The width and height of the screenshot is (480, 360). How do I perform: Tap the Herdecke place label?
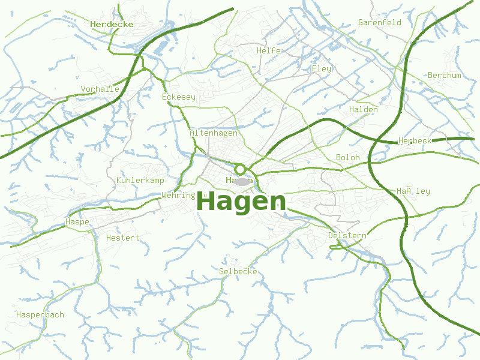pyautogui.click(x=112, y=25)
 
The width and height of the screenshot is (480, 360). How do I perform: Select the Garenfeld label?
pyautogui.click(x=379, y=22)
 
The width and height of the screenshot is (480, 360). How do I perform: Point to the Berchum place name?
pyautogui.click(x=444, y=75)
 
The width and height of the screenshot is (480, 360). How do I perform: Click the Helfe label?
pyautogui.click(x=268, y=50)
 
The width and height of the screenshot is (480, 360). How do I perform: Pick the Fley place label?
pyautogui.click(x=321, y=68)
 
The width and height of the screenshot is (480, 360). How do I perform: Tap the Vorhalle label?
pyautogui.click(x=100, y=89)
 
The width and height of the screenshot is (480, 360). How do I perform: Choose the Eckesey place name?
pyautogui.click(x=179, y=97)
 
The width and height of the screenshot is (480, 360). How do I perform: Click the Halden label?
pyautogui.click(x=363, y=109)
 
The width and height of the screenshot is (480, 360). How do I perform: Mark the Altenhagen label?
pyautogui.click(x=214, y=133)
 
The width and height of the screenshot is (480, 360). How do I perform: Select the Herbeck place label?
pyautogui.click(x=415, y=140)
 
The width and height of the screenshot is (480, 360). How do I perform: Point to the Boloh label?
pyautogui.click(x=347, y=157)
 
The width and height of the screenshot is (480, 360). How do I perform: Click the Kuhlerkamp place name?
pyautogui.click(x=140, y=180)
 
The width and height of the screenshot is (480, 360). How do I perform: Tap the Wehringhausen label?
pyautogui.click(x=179, y=195)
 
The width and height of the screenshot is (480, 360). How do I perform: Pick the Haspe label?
pyautogui.click(x=77, y=222)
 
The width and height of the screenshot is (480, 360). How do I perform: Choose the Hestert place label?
pyautogui.click(x=122, y=238)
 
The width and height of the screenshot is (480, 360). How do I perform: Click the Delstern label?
pyautogui.click(x=347, y=235)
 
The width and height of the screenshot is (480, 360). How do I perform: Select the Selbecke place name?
pyautogui.click(x=238, y=271)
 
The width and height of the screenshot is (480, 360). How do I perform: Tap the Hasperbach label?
pyautogui.click(x=40, y=314)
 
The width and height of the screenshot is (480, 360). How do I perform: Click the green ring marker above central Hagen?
pyautogui.click(x=240, y=169)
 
